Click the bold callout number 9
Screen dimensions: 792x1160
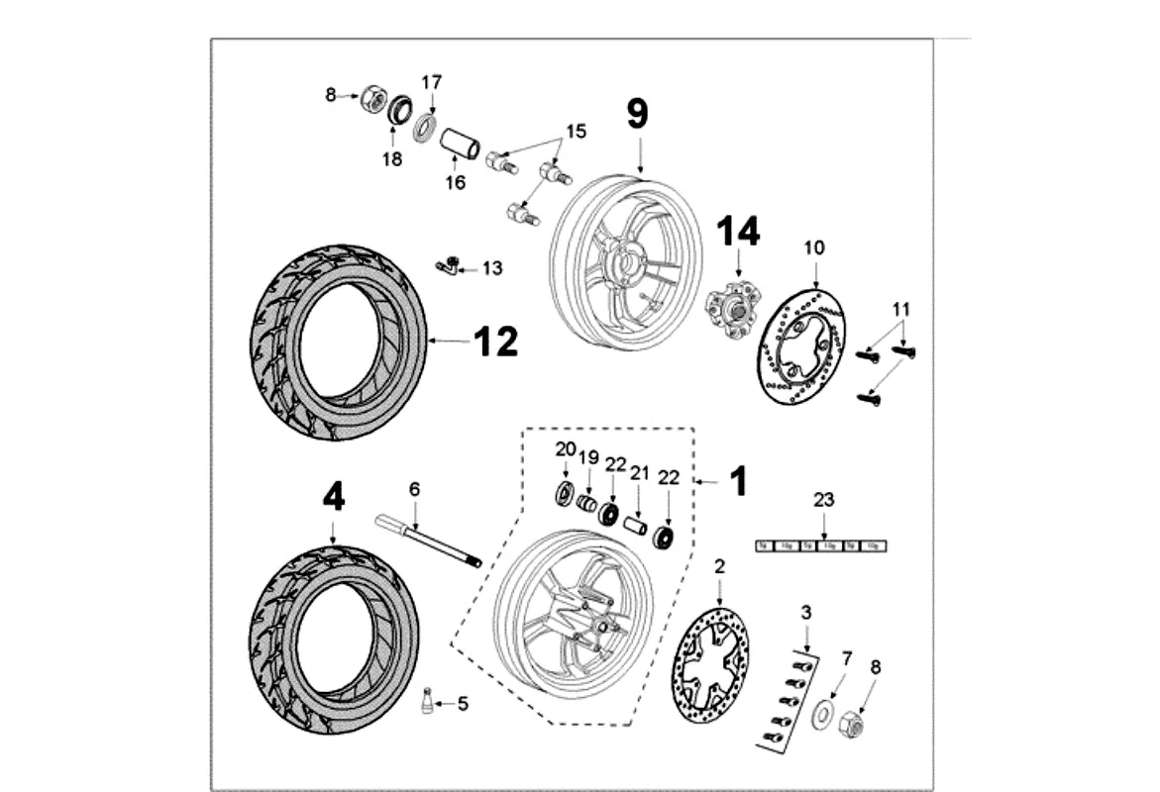637,114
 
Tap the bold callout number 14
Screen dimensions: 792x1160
739,231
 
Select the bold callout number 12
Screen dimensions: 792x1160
495,342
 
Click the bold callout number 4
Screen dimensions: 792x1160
334,497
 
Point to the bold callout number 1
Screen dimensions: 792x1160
738,482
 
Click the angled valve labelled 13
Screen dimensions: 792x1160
448,265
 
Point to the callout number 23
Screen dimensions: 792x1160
824,500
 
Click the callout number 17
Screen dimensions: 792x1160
432,82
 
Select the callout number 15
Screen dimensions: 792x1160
576,131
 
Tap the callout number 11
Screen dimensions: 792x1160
899,309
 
